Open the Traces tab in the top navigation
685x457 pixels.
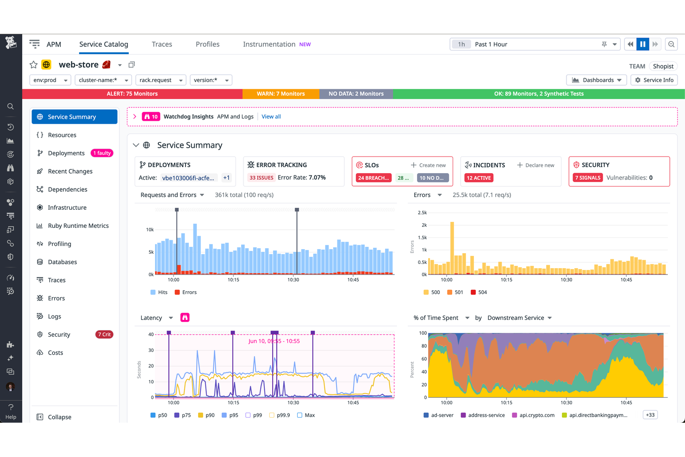pos(162,44)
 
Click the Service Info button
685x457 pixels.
pos(654,80)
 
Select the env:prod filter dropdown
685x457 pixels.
pos(50,80)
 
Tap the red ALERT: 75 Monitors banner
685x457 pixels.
pos(132,94)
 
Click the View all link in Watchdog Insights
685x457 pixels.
pos(271,117)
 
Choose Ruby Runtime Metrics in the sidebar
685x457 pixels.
pos(78,226)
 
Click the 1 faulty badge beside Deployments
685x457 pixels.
pos(102,153)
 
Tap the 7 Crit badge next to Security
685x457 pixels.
pos(104,335)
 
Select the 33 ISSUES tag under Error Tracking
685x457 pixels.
pos(262,178)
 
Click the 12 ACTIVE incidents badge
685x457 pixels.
pos(479,178)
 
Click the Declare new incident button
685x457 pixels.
pos(536,165)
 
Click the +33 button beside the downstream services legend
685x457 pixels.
pos(650,415)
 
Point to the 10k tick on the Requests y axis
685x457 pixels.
pos(149,230)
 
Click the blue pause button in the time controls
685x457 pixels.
pos(642,44)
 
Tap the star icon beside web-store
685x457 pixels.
pos(33,65)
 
